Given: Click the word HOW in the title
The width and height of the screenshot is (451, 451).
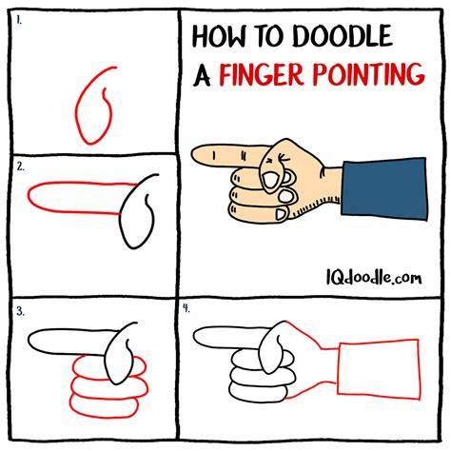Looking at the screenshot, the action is click(219, 35).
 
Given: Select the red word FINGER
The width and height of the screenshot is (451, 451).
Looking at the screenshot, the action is click(262, 74).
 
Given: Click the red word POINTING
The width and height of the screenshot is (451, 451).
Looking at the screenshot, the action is click(369, 73).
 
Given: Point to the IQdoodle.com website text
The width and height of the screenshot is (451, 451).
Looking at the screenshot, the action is click(374, 277).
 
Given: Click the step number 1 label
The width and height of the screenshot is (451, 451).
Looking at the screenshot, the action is click(19, 21).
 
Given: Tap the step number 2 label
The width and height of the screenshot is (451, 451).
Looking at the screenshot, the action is click(21, 167).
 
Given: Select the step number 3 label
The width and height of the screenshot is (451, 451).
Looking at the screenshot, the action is click(20, 312).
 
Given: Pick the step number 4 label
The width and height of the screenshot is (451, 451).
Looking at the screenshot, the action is click(186, 308).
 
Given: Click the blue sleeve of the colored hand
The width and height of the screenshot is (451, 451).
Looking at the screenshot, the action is click(384, 188).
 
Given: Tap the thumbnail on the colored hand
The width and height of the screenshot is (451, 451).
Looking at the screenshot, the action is click(269, 180).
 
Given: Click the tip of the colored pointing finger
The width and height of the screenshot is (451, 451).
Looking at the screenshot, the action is click(191, 154).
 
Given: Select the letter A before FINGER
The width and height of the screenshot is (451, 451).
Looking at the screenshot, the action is click(202, 75).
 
